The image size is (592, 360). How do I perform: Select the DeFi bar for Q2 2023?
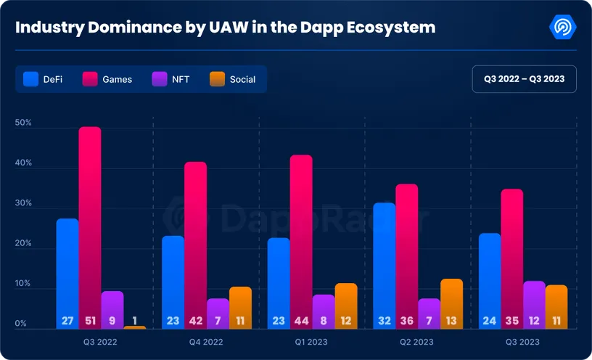385,265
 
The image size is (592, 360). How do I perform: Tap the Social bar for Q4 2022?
240,307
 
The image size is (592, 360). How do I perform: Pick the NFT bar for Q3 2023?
533,304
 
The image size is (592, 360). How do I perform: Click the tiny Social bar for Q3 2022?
134,327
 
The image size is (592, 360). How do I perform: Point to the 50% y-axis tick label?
23,123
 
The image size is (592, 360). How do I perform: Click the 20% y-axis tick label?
23,244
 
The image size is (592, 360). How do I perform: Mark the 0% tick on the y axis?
21,324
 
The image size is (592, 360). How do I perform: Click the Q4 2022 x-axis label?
206,341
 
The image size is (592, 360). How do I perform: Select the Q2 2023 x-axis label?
418,341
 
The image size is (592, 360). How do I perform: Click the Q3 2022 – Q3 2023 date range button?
524,78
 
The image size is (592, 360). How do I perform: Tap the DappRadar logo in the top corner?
563,28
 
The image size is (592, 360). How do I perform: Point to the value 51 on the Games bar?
90,320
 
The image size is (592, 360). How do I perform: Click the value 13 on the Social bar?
451,320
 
